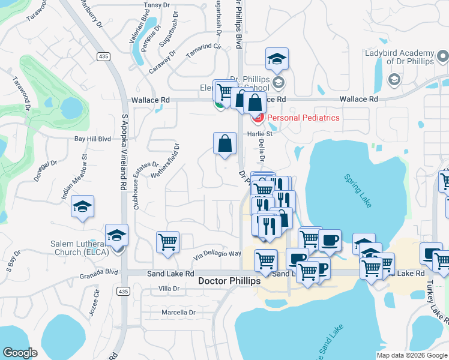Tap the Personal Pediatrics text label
303,118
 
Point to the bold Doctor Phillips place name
229,281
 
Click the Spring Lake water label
358,191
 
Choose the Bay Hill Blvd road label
92,139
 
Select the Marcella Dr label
179,313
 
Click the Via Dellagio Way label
217,254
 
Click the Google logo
20,353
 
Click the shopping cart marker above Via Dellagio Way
168,243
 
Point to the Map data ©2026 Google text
411,355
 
